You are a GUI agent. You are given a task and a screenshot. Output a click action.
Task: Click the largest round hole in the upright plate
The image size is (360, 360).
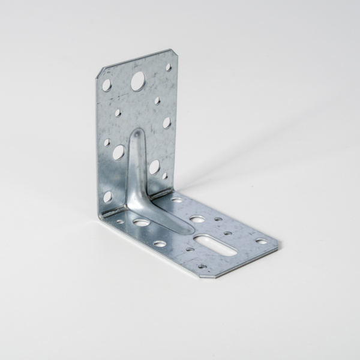pyautogui.click(x=137, y=79)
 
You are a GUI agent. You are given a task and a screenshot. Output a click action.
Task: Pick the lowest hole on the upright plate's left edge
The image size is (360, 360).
pyautogui.click(x=107, y=196)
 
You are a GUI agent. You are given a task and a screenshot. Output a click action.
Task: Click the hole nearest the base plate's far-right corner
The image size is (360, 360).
pyautogui.click(x=260, y=241)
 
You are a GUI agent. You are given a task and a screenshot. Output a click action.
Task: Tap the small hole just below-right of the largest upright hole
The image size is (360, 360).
pyautogui.click(x=157, y=101)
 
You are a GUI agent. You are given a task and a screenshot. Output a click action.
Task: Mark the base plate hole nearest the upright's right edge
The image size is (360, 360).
pyautogui.click(x=176, y=199)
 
